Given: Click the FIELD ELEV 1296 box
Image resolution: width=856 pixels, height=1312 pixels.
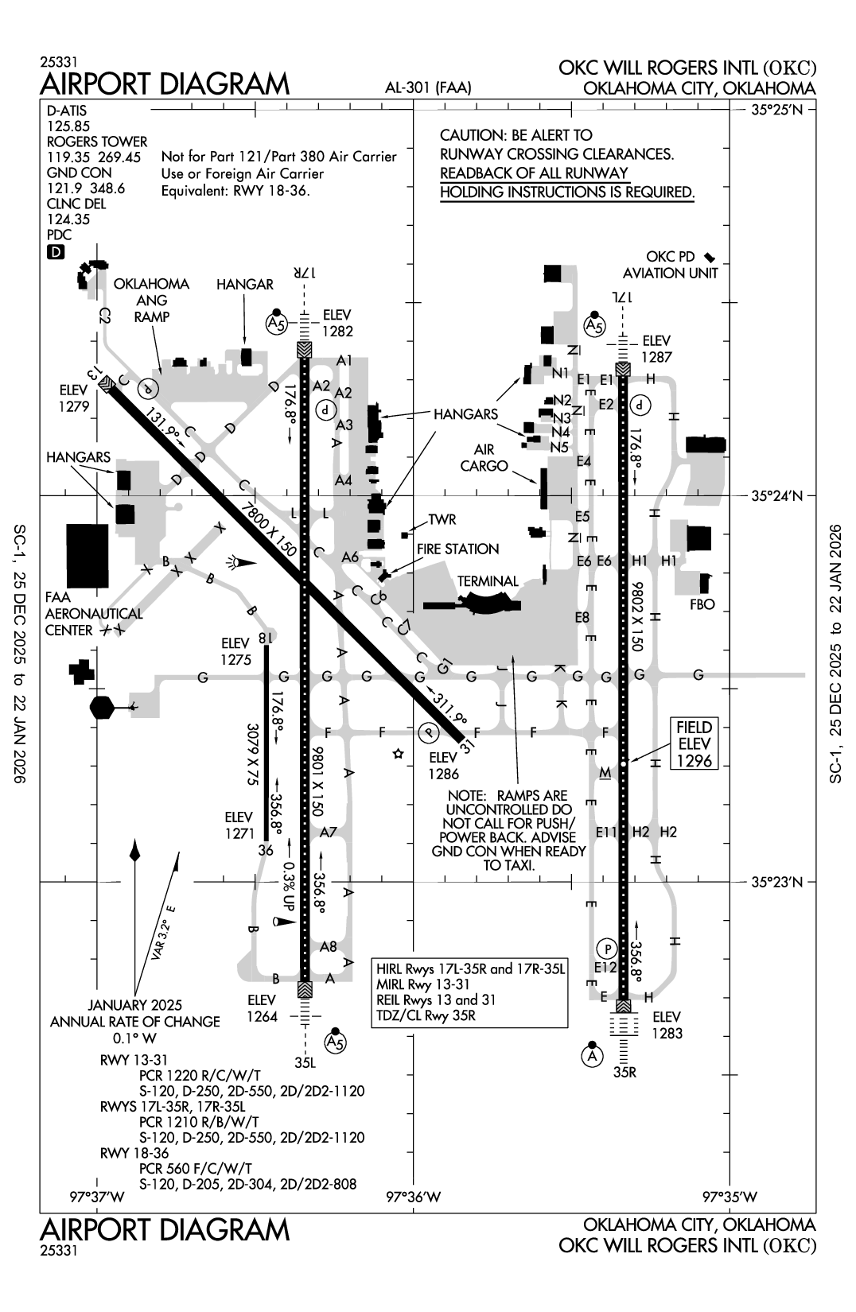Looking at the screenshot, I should tap(694, 743).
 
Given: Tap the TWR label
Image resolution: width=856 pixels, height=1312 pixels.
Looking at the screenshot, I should tap(442, 519).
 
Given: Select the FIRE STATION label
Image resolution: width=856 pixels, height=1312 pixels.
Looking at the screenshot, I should tap(457, 549).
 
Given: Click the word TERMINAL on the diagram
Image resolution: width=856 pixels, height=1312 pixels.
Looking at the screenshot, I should tap(487, 581).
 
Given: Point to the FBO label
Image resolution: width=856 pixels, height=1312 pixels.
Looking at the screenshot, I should tap(702, 604).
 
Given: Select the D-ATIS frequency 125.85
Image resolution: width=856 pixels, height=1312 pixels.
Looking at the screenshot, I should tap(68, 126).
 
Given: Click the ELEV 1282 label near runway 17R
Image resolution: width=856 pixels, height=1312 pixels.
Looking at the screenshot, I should tap(337, 324).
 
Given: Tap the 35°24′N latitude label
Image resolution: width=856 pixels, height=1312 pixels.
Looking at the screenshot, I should tap(777, 496).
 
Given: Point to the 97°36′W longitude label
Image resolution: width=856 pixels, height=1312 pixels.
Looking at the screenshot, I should tap(414, 1197).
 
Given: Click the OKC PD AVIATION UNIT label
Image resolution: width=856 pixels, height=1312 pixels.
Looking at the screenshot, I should tap(670, 265).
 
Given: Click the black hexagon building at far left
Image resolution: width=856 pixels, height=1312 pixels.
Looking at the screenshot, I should tap(103, 706).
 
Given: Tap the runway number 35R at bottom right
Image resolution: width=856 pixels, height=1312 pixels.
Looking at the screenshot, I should tap(625, 1072).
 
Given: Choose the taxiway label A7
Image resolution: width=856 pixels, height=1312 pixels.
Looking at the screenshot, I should tap(329, 833).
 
